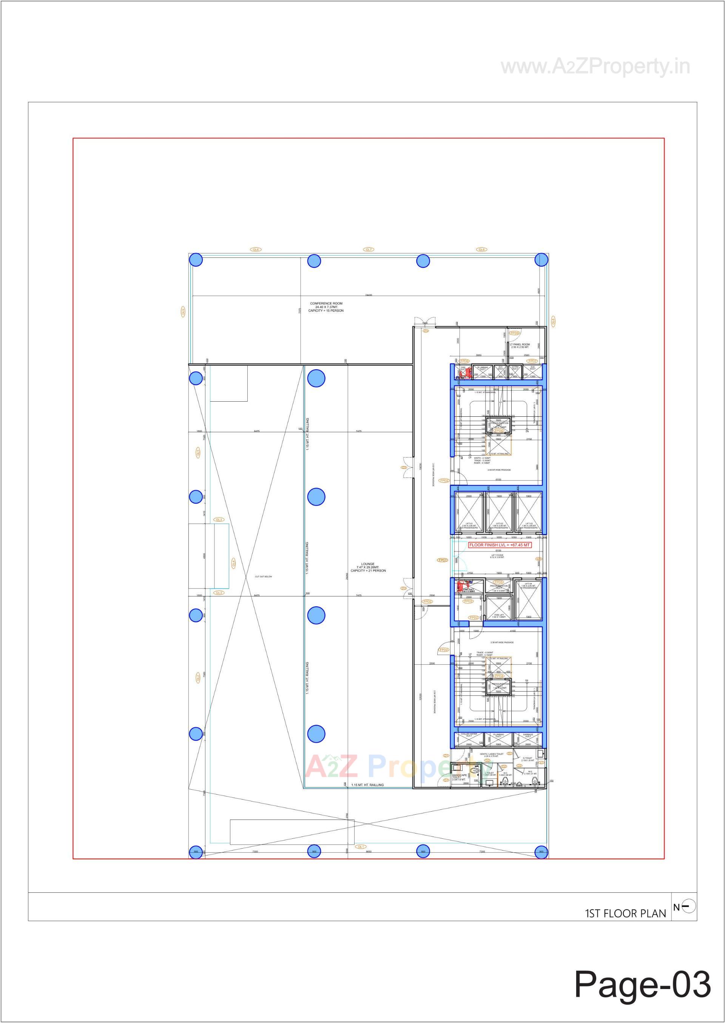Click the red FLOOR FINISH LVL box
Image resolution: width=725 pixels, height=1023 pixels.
pyautogui.click(x=500, y=545)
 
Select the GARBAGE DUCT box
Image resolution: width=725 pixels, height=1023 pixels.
pyautogui.click(x=528, y=739)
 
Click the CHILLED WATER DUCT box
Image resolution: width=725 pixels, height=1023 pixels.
pyautogui.click(x=469, y=739)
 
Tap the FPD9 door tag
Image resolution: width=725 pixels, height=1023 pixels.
pyautogui.click(x=515, y=333)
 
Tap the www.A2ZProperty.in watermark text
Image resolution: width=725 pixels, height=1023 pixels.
pyautogui.click(x=595, y=67)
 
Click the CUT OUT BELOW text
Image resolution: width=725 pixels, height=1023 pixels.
pyautogui.click(x=264, y=577)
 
